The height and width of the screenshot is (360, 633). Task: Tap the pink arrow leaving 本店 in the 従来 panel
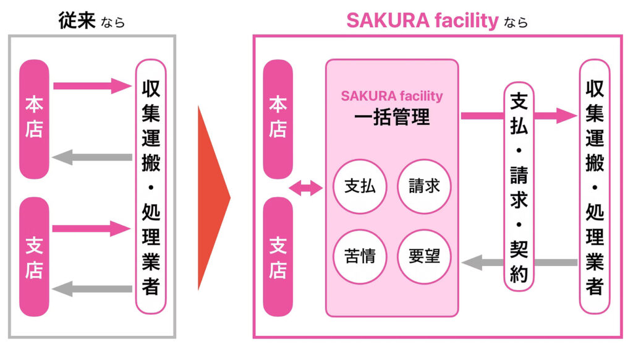[x=93, y=85]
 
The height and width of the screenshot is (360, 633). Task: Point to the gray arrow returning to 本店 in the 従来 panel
[x=93, y=157]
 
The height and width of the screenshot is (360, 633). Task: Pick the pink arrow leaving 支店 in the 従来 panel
[x=93, y=229]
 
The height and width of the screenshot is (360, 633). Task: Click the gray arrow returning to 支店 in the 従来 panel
[x=93, y=289]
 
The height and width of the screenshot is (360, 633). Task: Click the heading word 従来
[x=77, y=20]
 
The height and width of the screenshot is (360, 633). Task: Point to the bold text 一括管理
[x=392, y=117]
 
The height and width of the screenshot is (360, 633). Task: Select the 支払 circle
[x=360, y=186]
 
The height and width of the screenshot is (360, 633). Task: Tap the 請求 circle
[x=424, y=186]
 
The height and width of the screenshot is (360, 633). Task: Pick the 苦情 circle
[x=360, y=255]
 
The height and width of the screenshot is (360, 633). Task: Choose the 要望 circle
[x=424, y=255]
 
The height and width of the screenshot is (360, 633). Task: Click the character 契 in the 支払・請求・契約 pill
[x=519, y=250]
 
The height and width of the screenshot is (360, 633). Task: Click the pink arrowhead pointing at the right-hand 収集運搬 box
[x=566, y=115]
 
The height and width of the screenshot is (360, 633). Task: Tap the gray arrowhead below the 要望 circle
[x=472, y=263]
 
